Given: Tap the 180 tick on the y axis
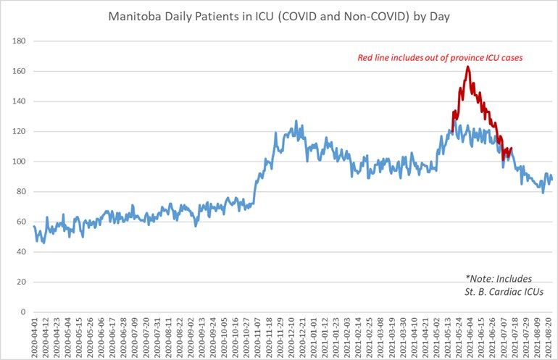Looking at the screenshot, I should point(20,41).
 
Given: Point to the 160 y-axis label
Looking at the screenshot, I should point(20,72).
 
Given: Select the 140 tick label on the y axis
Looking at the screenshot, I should point(20,101).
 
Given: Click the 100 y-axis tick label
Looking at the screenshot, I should point(20,162).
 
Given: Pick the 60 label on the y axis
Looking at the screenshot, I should point(22,222).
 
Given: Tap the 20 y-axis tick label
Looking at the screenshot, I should point(22,282).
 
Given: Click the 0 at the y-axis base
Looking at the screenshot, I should point(24,312).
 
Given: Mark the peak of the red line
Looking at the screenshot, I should point(468,67).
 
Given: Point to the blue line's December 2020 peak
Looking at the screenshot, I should point(296,122).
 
